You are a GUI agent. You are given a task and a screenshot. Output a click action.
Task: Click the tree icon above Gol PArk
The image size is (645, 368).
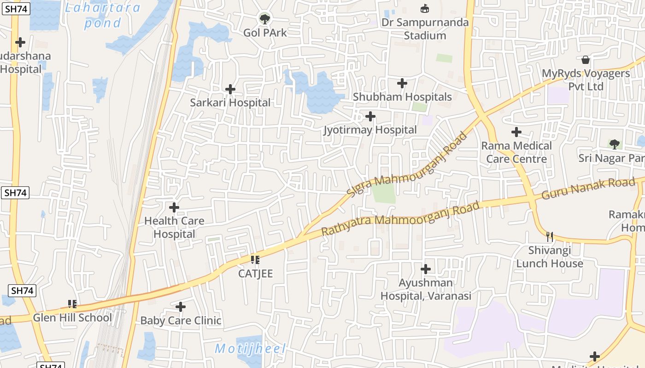pos(264,19)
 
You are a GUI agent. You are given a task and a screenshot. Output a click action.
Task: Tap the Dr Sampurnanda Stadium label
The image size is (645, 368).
pos(425,29)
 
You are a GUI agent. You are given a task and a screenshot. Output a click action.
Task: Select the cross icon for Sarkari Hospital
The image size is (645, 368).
pos(230,89)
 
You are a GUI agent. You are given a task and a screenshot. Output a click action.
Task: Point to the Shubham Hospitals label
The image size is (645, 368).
pos(402,97)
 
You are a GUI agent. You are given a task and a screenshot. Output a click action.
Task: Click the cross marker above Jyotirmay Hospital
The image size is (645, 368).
pos(370,116)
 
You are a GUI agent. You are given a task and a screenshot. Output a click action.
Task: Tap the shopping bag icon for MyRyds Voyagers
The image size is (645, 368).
pos(585,60)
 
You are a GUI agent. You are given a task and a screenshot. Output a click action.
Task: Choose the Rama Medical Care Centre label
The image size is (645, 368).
pos(516,152)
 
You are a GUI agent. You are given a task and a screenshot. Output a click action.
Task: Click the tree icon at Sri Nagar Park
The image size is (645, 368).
pos(614,144)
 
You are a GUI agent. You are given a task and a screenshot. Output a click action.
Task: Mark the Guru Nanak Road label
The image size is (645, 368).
pos(588,189)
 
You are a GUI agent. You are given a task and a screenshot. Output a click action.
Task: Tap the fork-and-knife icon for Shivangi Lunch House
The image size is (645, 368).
pos(549,237)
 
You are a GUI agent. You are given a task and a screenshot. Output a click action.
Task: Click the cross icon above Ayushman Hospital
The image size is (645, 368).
pos(426,269)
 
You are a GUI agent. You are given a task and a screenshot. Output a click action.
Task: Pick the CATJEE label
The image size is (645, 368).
pos(255,274)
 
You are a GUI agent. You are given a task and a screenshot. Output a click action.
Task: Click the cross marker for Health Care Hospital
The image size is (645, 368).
pos(174,207)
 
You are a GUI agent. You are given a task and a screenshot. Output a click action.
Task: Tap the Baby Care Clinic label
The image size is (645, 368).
pos(181,321)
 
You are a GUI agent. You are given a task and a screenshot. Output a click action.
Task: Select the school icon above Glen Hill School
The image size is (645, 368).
pos(72,304)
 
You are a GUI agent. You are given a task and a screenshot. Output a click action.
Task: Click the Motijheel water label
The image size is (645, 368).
pos(250,349)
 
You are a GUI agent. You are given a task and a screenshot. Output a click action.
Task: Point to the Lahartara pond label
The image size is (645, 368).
pos(102,15)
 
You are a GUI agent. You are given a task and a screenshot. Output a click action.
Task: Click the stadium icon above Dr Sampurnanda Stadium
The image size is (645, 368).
pos(424,8)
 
